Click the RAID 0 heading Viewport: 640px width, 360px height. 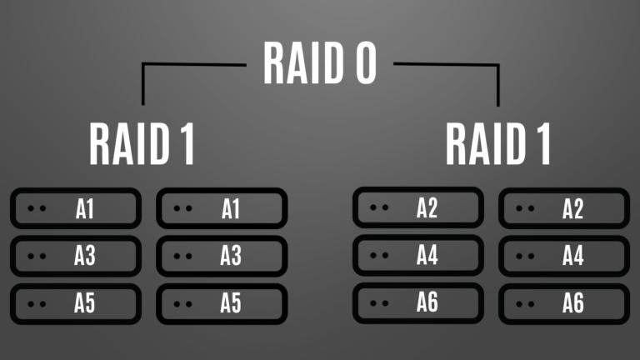(320, 63)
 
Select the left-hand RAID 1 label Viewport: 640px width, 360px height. (142, 143)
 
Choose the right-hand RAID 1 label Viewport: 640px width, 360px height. (498, 143)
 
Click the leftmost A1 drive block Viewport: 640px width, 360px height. (75, 208)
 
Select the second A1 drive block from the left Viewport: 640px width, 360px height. (222, 208)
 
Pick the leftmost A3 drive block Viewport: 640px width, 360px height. (75, 256)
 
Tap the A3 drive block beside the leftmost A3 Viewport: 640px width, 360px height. (222, 256)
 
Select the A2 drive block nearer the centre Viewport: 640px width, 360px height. (417, 207)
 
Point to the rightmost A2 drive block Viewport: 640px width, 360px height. (564, 208)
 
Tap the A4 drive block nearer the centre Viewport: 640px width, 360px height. (417, 256)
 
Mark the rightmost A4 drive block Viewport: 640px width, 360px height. (564, 256)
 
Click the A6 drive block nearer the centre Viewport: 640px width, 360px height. (417, 303)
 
